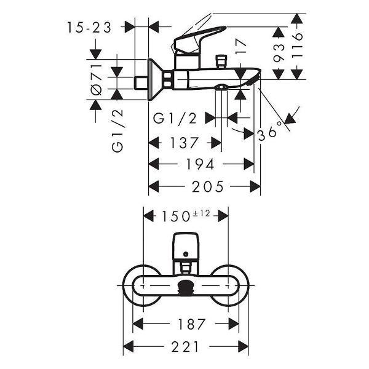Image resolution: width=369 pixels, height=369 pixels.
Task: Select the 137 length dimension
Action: click(184, 143)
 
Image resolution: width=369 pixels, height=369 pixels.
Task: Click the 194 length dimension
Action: click(202, 164)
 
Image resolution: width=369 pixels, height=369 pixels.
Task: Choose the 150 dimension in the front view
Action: click(175, 216)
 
